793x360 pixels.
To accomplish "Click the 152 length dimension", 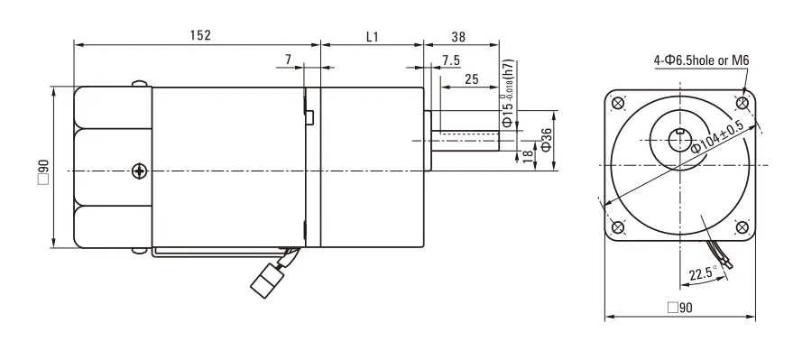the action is click(200, 35).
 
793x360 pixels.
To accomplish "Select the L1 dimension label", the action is click(373, 36).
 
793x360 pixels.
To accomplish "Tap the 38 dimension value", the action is click(458, 36).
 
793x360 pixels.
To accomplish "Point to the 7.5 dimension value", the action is click(450, 60).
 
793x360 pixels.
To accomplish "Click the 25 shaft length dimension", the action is click(471, 79).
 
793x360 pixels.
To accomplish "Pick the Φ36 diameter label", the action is click(546, 140).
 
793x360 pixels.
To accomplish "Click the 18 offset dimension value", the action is click(528, 156).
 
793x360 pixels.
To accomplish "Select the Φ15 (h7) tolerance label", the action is click(508, 94).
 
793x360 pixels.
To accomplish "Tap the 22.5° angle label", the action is click(703, 273).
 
